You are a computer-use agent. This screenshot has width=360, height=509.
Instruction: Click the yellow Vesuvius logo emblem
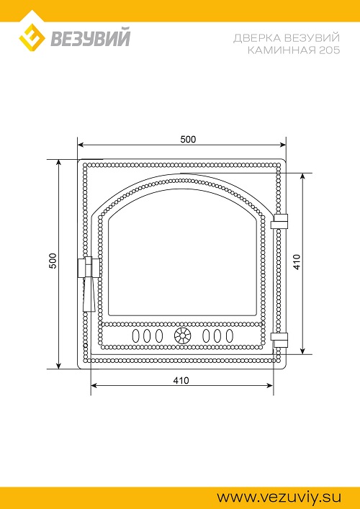pyautogui.click(x=32, y=37)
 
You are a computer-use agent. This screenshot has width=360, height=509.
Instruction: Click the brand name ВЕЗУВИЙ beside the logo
pyautogui.click(x=90, y=37)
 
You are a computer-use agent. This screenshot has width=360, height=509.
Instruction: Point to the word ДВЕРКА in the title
pyautogui.click(x=257, y=38)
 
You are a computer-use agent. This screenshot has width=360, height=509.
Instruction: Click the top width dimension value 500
pyautogui.click(x=188, y=139)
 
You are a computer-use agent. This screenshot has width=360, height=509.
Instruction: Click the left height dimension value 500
pyautogui.click(x=53, y=261)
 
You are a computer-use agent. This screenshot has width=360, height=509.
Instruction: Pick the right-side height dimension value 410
pyautogui.click(x=297, y=261)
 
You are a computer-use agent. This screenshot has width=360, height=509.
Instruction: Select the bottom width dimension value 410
pyautogui.click(x=181, y=380)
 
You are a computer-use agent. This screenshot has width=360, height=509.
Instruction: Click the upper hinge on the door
pyautogui.click(x=279, y=222)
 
